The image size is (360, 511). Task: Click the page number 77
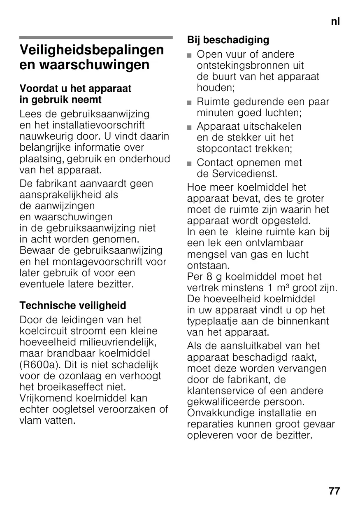click(x=334, y=491)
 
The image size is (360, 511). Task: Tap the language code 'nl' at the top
click(x=335, y=21)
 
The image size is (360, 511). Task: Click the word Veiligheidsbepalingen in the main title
click(x=92, y=50)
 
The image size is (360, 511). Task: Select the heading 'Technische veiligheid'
click(x=73, y=306)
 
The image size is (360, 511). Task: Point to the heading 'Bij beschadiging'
click(x=228, y=40)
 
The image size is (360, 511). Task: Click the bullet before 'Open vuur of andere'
click(x=189, y=55)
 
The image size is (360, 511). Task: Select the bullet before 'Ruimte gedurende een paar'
click(x=189, y=102)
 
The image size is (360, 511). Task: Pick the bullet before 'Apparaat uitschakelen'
click(x=189, y=127)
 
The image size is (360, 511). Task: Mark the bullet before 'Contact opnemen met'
click(x=189, y=163)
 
